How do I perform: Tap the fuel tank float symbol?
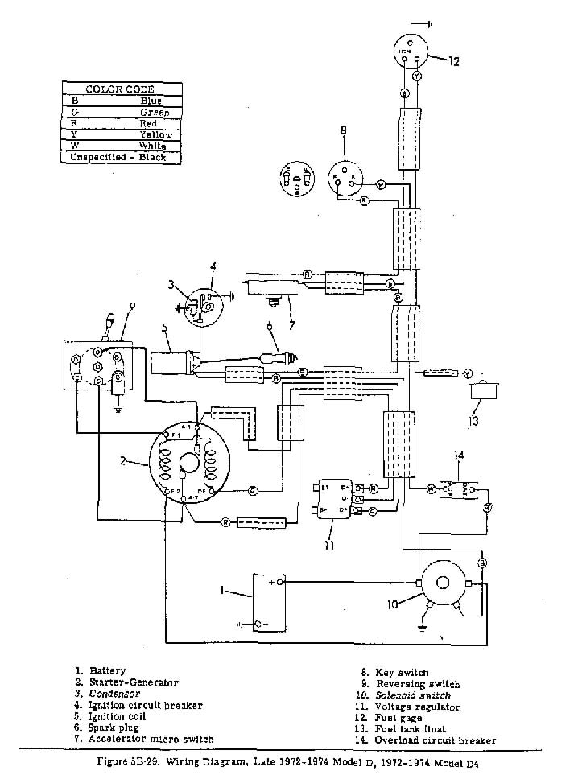(x=485, y=393)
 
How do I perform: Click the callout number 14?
(x=459, y=456)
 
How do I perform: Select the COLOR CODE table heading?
(x=120, y=89)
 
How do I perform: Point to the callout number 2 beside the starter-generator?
(x=122, y=460)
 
